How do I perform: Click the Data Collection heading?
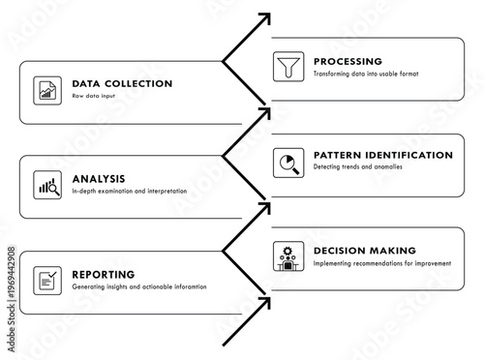point(122,84)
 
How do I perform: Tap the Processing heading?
point(348,61)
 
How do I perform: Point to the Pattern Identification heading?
point(382,155)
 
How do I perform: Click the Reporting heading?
point(104,274)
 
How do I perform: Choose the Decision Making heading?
point(364,250)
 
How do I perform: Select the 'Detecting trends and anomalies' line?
point(357,167)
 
